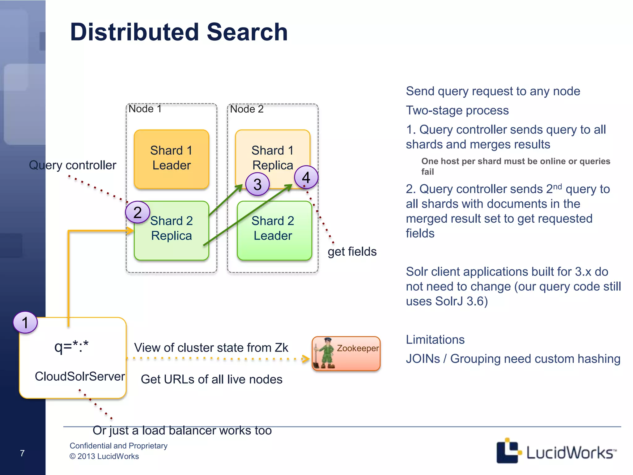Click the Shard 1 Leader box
172,159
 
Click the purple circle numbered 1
25,323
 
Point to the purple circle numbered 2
138,212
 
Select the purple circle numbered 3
257,184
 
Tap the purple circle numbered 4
306,177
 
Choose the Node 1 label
145,109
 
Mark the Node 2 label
247,109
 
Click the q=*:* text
71,346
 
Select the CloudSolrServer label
80,376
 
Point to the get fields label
352,251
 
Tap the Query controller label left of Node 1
73,165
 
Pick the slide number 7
22,453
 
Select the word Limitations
435,340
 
